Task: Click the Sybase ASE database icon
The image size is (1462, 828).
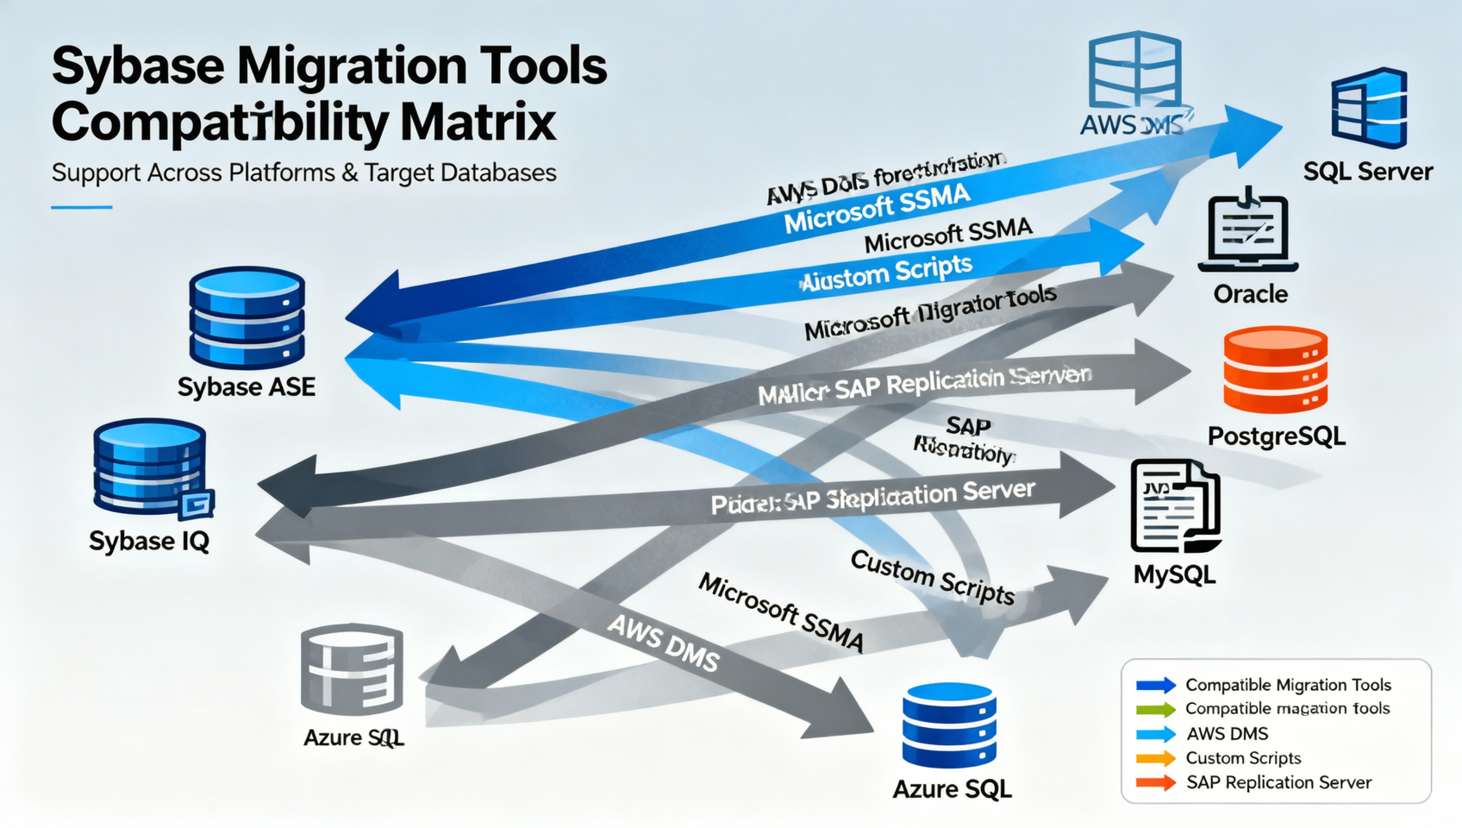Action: click(247, 317)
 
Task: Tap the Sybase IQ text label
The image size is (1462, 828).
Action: click(149, 541)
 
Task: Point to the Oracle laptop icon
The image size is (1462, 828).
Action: click(1248, 230)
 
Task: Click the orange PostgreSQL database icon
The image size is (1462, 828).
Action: click(1275, 369)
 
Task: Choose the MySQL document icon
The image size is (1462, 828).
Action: click(1175, 506)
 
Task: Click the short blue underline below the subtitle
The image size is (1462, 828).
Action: click(82, 207)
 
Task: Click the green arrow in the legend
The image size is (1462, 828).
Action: click(1156, 710)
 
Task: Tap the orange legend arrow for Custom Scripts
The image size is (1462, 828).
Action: click(1156, 759)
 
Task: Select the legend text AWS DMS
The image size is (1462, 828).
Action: click(1227, 734)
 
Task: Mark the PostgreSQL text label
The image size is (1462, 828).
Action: click(1276, 436)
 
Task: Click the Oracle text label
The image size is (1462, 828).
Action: click(1250, 294)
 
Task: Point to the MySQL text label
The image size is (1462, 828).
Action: click(1174, 574)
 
